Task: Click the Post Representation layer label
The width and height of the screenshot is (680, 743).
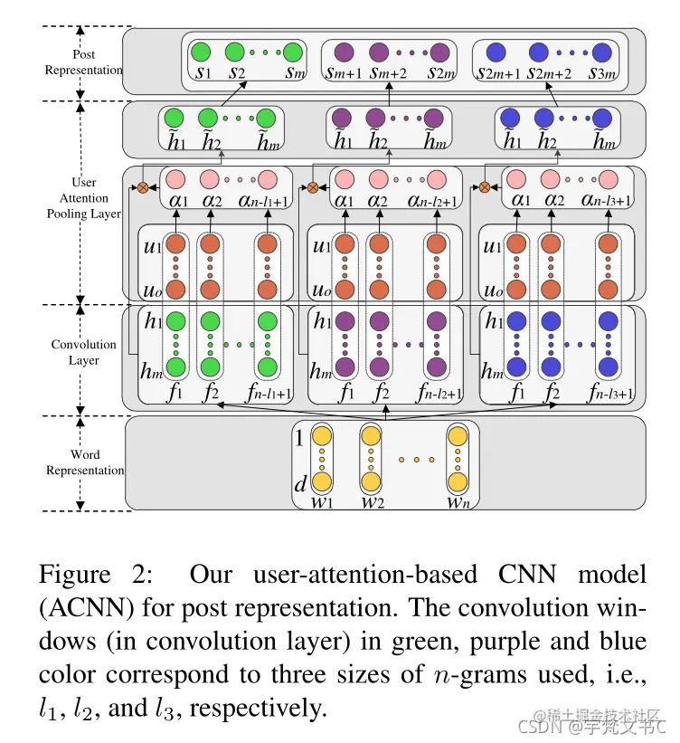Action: pyautogui.click(x=83, y=62)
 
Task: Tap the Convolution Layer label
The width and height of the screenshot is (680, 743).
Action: pyautogui.click(x=83, y=352)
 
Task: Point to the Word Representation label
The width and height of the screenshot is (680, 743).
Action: pyautogui.click(x=84, y=462)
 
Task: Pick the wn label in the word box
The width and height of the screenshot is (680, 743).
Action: pyautogui.click(x=458, y=500)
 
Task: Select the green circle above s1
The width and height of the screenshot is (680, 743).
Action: pyautogui.click(x=202, y=52)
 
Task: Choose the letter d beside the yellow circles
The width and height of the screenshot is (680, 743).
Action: pyautogui.click(x=301, y=484)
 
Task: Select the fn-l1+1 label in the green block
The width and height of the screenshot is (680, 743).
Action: pyautogui.click(x=269, y=394)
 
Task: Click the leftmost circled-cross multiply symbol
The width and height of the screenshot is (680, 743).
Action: pyautogui.click(x=142, y=187)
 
